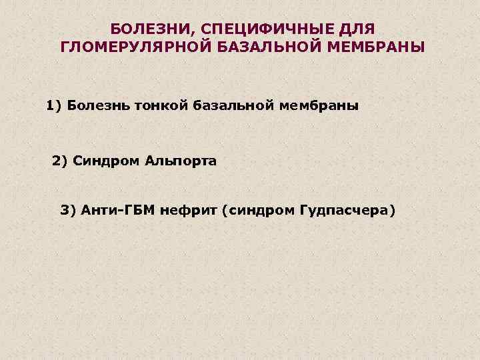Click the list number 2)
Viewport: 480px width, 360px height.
click(x=60, y=161)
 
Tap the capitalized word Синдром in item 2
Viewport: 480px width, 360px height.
click(x=104, y=161)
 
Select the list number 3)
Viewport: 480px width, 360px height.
click(x=69, y=211)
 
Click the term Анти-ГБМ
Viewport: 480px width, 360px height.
click(x=117, y=211)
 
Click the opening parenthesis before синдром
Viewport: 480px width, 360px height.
click(x=225, y=211)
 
